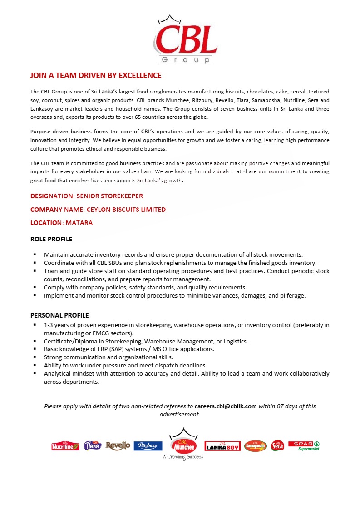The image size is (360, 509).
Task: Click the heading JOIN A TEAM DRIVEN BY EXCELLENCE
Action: coord(96,75)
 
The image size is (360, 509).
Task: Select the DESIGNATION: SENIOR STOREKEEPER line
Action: coord(87,196)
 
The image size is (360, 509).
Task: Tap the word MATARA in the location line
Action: coord(80,223)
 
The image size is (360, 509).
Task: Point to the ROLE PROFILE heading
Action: coord(51,239)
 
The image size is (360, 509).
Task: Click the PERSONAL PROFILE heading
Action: coord(59,315)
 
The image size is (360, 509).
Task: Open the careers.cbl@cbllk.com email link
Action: coord(226,406)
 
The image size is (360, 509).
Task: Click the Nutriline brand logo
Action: coord(65,446)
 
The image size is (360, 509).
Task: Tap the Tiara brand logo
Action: coord(93,446)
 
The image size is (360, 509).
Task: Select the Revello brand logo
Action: coord(118,446)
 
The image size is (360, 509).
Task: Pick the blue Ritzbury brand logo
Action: coord(148,446)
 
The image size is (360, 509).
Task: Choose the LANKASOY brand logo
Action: coord(222,446)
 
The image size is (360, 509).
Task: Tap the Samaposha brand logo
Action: coord(256,446)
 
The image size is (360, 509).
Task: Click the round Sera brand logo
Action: coord(277,446)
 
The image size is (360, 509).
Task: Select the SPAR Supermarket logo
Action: coord(304,445)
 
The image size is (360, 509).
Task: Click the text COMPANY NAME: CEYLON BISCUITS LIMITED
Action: coord(98,210)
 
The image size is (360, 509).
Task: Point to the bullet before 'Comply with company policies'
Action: coord(35,287)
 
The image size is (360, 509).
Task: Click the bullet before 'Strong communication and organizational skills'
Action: coord(35,357)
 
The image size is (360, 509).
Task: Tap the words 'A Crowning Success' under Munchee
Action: coord(183,457)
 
